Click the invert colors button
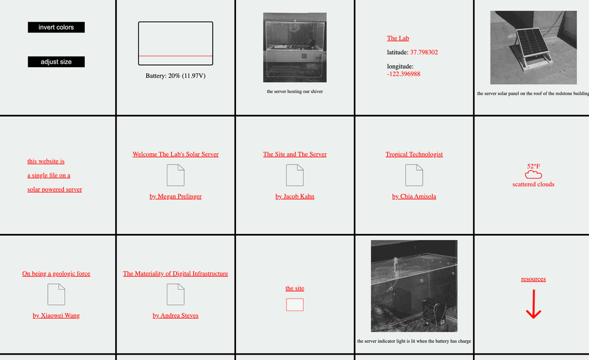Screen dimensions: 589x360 [x=56, y=27]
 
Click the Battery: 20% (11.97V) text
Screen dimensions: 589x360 [x=175, y=76]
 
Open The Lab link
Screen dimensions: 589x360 [x=398, y=38]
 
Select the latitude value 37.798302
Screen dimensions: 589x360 [x=424, y=52]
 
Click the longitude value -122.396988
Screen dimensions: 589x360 [x=403, y=74]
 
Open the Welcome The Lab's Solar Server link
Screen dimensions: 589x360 [x=175, y=154]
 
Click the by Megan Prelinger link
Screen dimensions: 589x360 [x=175, y=196]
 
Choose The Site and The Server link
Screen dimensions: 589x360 [x=295, y=154]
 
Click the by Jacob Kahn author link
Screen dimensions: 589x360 [x=295, y=196]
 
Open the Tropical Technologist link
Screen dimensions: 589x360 [x=414, y=154]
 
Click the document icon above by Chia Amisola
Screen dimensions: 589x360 [x=414, y=175]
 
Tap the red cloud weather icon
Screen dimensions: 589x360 [x=533, y=175]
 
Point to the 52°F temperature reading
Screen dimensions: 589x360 [x=533, y=166]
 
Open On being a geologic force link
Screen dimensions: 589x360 [x=56, y=274]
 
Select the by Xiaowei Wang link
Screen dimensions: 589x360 [x=56, y=316]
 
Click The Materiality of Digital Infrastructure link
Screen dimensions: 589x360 [x=175, y=274]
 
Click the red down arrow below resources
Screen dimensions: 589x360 [x=533, y=304]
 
